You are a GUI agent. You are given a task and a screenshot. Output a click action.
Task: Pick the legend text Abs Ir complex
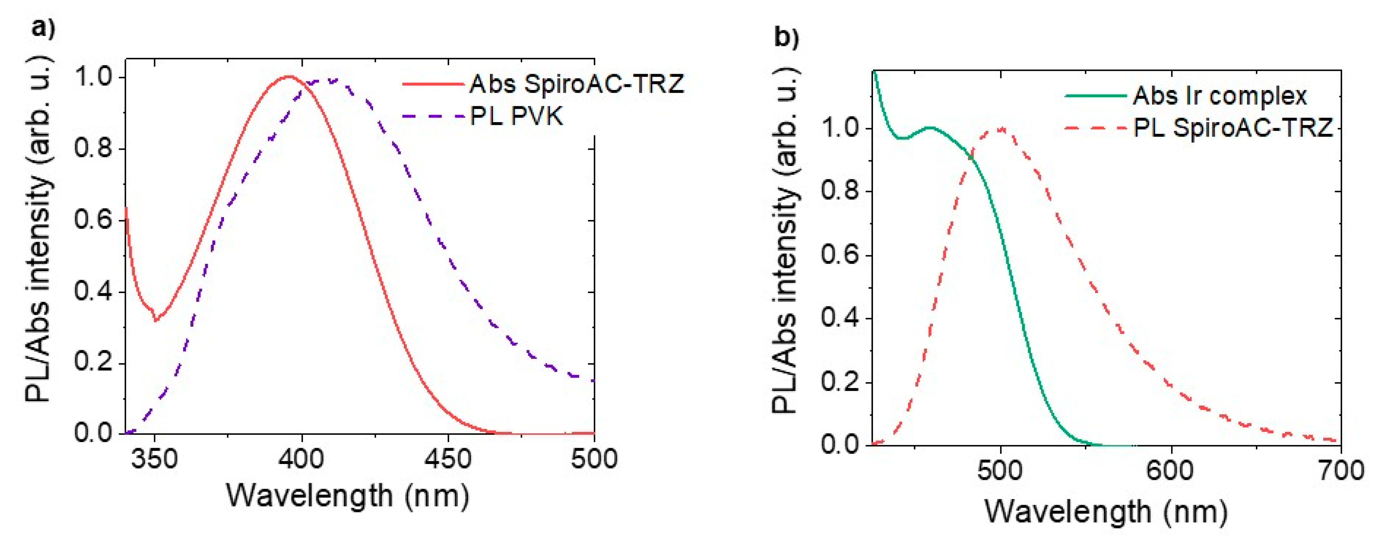(1220, 96)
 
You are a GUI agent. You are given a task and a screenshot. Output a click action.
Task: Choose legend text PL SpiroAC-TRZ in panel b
(1232, 128)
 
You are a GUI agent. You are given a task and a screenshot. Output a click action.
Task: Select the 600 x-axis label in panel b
(1171, 471)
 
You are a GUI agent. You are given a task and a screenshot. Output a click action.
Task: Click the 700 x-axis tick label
(1340, 471)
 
